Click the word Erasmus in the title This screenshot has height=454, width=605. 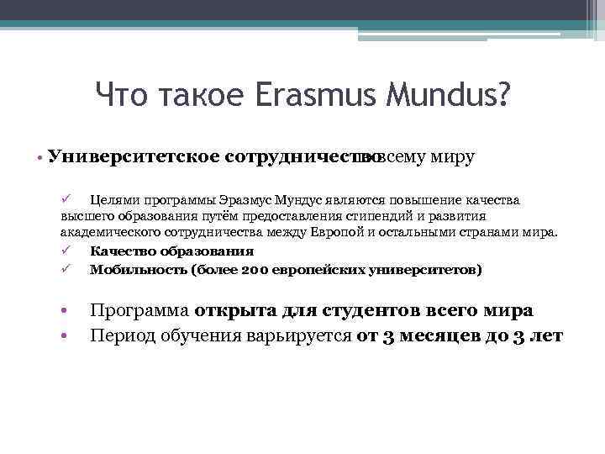300,95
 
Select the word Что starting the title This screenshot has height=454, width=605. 121,95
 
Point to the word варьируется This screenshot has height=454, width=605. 296,336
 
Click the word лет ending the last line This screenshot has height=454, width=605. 547,336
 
